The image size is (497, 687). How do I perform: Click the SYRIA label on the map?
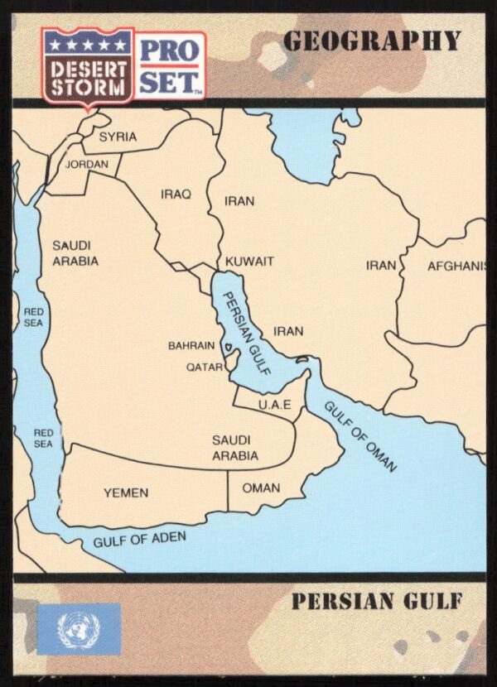pyautogui.click(x=118, y=137)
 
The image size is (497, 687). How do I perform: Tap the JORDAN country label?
pyautogui.click(x=87, y=165)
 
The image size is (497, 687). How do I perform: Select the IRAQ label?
pyautogui.click(x=176, y=195)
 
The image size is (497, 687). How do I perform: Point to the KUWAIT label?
pyautogui.click(x=249, y=262)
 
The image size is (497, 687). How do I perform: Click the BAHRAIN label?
pyautogui.click(x=191, y=345)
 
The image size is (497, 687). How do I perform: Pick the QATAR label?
pyautogui.click(x=204, y=366)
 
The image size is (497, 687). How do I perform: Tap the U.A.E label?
pyautogui.click(x=274, y=405)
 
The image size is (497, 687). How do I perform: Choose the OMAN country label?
pyautogui.click(x=261, y=488)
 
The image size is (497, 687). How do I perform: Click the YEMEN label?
pyautogui.click(x=126, y=492)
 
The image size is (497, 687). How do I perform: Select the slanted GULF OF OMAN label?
pyautogui.click(x=360, y=436)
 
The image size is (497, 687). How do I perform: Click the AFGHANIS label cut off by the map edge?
pyautogui.click(x=456, y=267)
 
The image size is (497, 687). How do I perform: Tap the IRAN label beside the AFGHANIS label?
pyautogui.click(x=382, y=266)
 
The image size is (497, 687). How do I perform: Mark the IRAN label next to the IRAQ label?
pyautogui.click(x=239, y=201)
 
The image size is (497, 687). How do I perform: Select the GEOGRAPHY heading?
pyautogui.click(x=371, y=41)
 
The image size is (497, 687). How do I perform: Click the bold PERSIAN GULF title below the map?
pyautogui.click(x=375, y=602)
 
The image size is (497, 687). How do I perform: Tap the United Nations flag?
pyautogui.click(x=80, y=628)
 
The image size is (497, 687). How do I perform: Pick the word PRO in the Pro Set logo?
pyautogui.click(x=169, y=50)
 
